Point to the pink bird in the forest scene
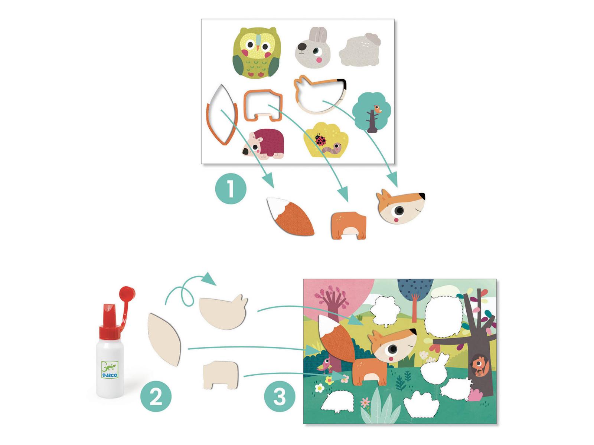coord(326,365)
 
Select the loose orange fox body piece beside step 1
coord(349,225)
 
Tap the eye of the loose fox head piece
coord(399,210)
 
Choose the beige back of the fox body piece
coord(221,375)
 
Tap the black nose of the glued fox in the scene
coord(414,331)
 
